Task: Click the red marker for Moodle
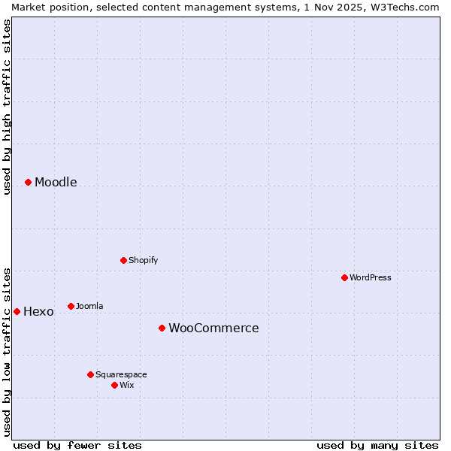[28, 182]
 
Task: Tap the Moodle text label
[56, 183]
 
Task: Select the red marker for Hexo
[17, 311]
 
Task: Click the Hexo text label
[38, 312]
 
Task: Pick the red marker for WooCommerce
[162, 328]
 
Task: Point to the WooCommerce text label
[213, 328]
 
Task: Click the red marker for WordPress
[344, 277]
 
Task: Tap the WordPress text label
[371, 277]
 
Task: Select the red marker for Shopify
[123, 260]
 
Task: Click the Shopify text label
[143, 261]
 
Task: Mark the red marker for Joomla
[71, 306]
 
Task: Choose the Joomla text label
[89, 307]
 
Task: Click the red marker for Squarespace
[90, 374]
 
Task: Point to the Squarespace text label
[121, 375]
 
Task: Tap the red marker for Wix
[114, 385]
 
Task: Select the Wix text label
[126, 386]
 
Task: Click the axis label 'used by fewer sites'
[77, 445]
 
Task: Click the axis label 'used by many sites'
[377, 445]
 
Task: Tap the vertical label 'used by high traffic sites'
[7, 107]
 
